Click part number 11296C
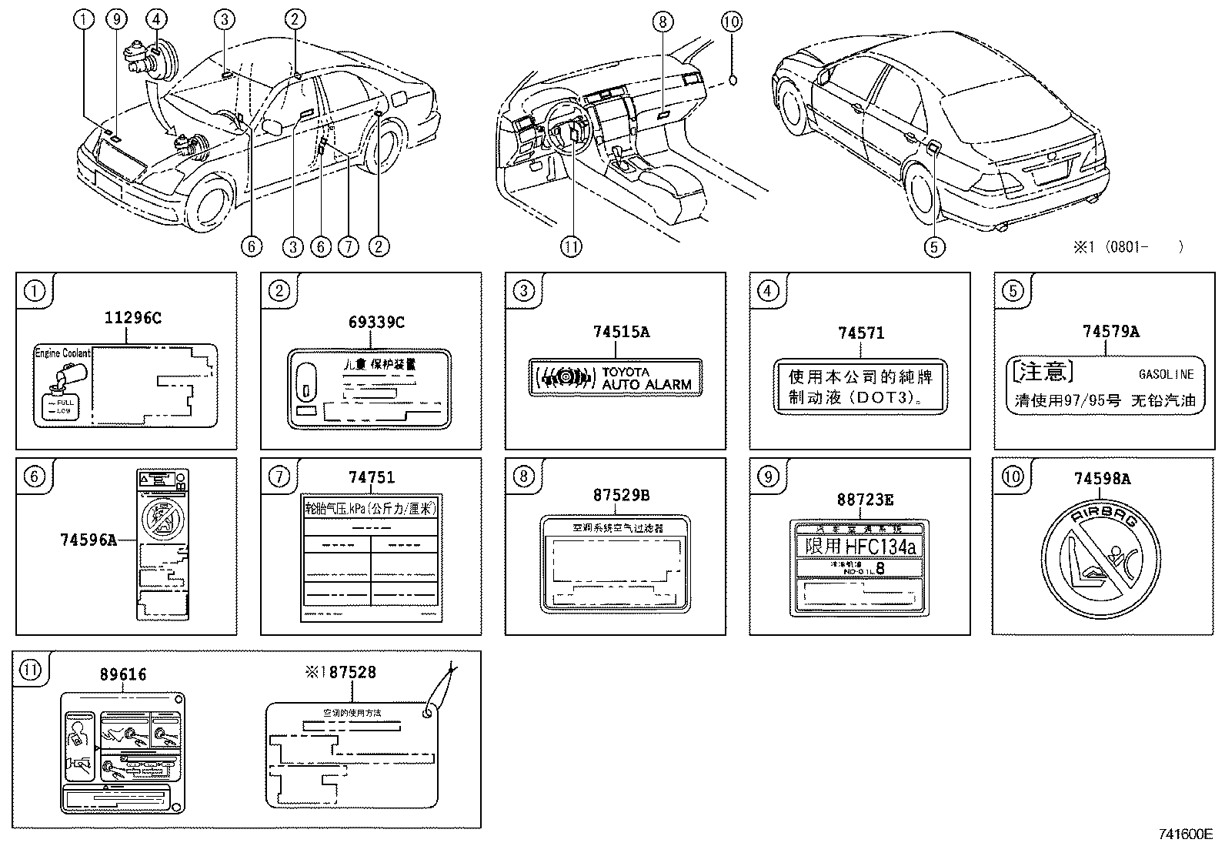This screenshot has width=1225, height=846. pyautogui.click(x=133, y=317)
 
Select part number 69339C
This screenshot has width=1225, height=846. pyautogui.click(x=376, y=322)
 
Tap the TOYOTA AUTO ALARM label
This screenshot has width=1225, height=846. pyautogui.click(x=616, y=377)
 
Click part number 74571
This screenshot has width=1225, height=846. pyautogui.click(x=861, y=333)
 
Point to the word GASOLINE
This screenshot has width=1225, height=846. pyautogui.click(x=1166, y=374)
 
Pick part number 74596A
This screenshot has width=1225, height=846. pyautogui.click(x=88, y=540)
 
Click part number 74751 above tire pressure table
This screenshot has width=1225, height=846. pyautogui.click(x=372, y=477)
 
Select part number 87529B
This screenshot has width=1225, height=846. pyautogui.click(x=621, y=495)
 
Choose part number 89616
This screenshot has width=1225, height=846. pyautogui.click(x=123, y=674)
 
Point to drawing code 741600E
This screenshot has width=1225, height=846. pyautogui.click(x=1186, y=834)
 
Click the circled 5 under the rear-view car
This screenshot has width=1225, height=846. pyautogui.click(x=934, y=246)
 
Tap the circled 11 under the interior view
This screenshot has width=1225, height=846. pyautogui.click(x=571, y=246)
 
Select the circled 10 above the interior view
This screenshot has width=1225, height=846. pyautogui.click(x=732, y=21)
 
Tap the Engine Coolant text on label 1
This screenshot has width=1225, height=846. pyautogui.click(x=63, y=353)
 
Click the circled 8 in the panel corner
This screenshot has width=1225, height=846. pyautogui.click(x=523, y=477)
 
